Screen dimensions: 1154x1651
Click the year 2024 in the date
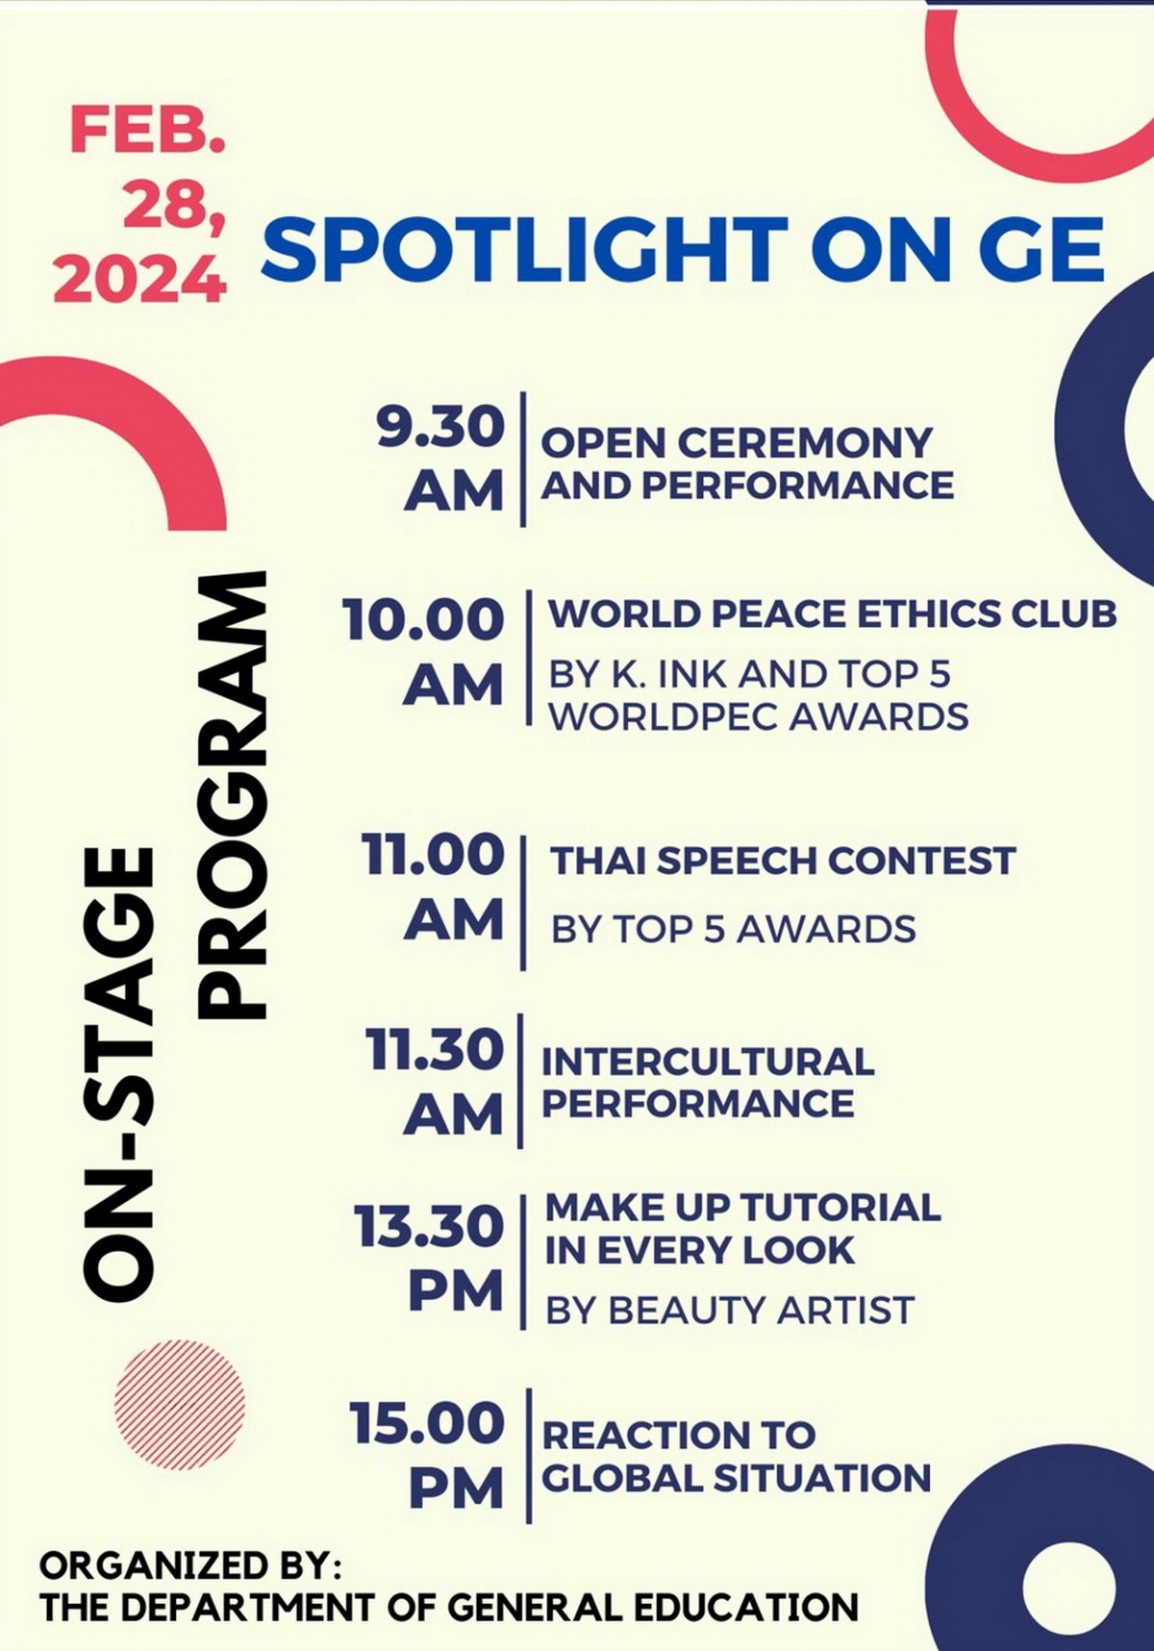[139, 280]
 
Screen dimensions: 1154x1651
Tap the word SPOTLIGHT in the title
[525, 249]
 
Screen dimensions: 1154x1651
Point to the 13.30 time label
[429, 1227]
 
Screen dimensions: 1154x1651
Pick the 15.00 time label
[427, 1423]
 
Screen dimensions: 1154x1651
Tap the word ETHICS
[916, 614]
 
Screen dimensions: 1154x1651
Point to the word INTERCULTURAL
[708, 1062]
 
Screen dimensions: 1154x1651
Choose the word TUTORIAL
[840, 1208]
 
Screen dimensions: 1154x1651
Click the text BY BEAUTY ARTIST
[730, 1310]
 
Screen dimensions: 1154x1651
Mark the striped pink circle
[180, 1405]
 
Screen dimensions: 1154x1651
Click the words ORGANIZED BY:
[190, 1565]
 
